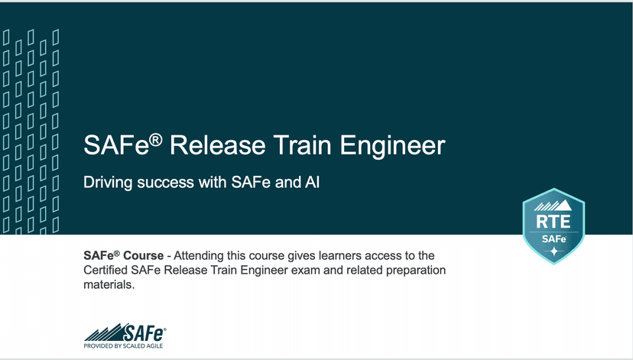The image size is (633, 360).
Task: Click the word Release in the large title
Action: click(219, 146)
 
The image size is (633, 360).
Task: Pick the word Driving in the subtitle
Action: click(105, 184)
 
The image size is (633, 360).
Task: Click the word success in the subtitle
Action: click(161, 184)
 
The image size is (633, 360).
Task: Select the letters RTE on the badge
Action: click(552, 222)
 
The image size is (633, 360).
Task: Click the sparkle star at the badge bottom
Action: click(553, 251)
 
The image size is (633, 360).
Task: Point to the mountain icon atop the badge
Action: click(553, 204)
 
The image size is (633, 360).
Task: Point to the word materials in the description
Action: click(109, 285)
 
